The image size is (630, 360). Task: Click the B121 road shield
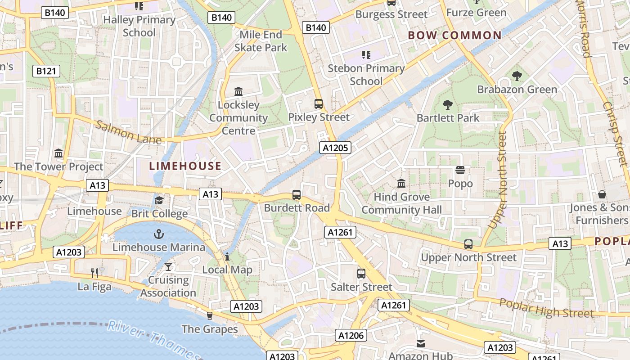(46, 71)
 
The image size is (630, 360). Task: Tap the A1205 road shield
(335, 148)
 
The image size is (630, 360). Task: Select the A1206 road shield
(351, 335)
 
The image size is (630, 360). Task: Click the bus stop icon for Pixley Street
(319, 104)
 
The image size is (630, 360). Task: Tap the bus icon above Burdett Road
(297, 195)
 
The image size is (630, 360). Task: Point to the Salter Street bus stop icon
(361, 274)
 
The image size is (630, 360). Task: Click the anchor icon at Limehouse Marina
(158, 234)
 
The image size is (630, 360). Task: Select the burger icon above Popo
(460, 170)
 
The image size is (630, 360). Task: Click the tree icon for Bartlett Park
(447, 105)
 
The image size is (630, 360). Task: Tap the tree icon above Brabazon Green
(517, 76)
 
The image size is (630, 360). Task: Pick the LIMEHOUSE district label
(185, 166)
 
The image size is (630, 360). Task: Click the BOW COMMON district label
(454, 36)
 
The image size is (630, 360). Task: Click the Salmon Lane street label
(129, 132)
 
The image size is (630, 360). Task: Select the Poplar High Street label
(546, 309)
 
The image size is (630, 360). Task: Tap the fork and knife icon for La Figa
(94, 273)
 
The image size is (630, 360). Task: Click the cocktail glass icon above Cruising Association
(168, 267)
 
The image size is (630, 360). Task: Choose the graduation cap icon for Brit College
(159, 200)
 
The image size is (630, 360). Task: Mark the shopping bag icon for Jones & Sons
(602, 194)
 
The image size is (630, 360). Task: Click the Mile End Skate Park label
(261, 41)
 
